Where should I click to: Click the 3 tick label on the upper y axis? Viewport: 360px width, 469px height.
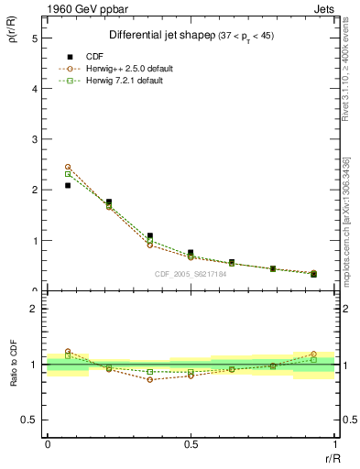[34, 140]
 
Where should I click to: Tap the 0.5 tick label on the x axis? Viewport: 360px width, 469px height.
[191, 444]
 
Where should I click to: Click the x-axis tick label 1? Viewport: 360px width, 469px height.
[333, 444]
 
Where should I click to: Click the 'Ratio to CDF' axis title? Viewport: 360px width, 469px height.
[13, 365]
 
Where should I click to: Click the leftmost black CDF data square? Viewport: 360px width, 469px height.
[68, 186]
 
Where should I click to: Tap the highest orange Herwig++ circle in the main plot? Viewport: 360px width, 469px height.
[68, 167]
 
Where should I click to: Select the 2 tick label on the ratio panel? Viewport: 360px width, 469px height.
[34, 310]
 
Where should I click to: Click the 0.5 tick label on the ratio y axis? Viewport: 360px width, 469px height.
[30, 420]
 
